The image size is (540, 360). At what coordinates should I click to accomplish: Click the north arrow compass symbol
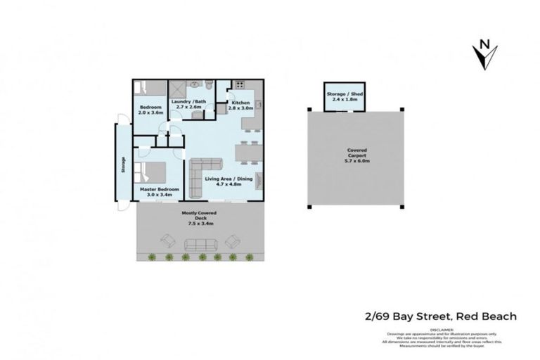pyautogui.click(x=485, y=55)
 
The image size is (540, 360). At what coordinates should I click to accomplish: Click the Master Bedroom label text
pyautogui.click(x=159, y=189)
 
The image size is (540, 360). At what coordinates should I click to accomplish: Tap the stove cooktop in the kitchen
pyautogui.click(x=239, y=86)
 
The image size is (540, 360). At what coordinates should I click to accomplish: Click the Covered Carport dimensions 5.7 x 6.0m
pyautogui.click(x=356, y=159)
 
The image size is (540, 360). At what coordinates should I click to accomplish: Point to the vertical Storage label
pyautogui.click(x=123, y=164)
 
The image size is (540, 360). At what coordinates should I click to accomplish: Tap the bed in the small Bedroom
pyautogui.click(x=150, y=89)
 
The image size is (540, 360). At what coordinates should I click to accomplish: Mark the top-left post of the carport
pyautogui.click(x=308, y=109)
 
